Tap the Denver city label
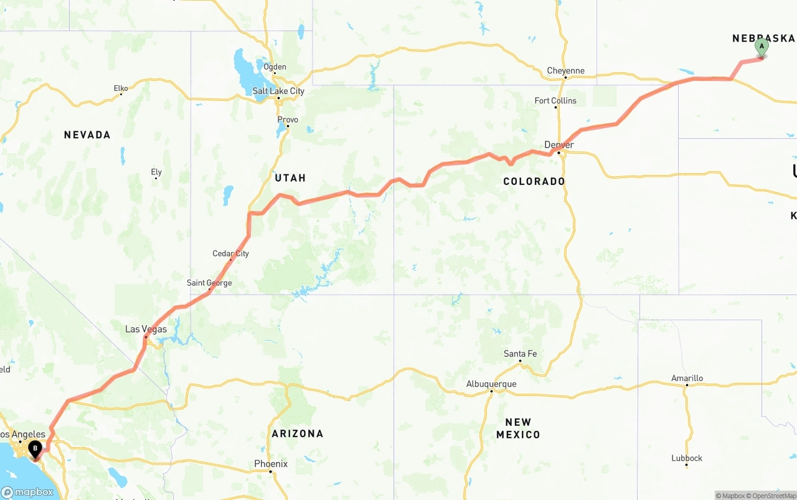click(x=559, y=144)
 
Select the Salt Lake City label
click(x=278, y=91)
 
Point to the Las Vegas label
click(x=146, y=329)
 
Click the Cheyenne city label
click(x=565, y=70)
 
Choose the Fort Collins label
click(x=555, y=100)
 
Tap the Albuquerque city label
click(x=491, y=384)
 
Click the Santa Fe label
click(x=520, y=354)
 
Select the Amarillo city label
click(x=687, y=378)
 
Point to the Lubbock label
click(x=687, y=458)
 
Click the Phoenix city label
click(x=271, y=463)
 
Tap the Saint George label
click(x=209, y=283)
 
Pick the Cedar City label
click(x=230, y=253)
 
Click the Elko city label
click(x=121, y=88)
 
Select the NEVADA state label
click(x=87, y=134)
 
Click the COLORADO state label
click(x=534, y=181)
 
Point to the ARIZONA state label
click(x=297, y=433)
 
